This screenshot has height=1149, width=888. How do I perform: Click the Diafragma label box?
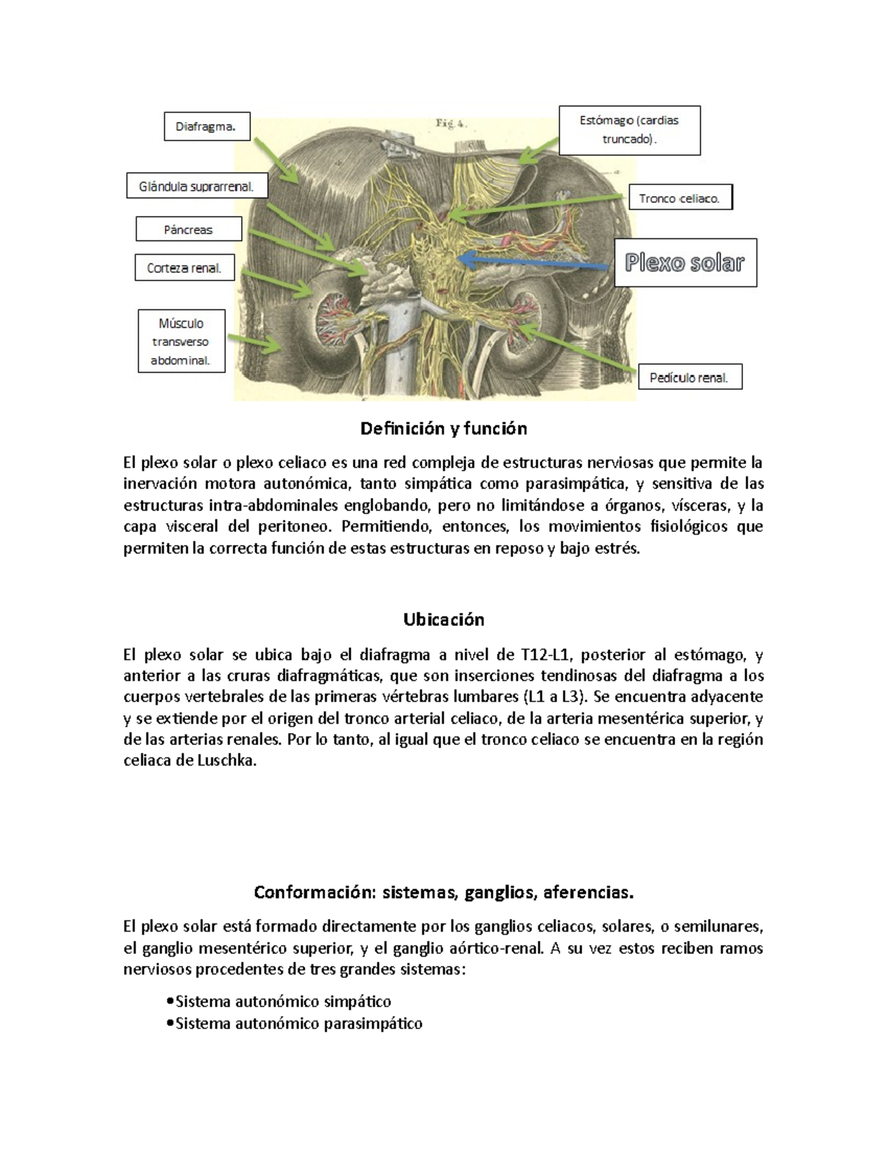[x=206, y=127]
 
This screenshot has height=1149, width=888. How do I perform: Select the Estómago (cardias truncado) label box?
[x=629, y=130]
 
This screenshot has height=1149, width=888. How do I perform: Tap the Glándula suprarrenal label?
[x=196, y=187]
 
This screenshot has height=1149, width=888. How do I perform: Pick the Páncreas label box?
[x=189, y=229]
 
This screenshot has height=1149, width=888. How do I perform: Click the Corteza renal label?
[x=184, y=268]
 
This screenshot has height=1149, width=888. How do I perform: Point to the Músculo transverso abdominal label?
[x=181, y=342]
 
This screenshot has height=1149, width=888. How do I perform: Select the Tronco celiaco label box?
[x=679, y=198]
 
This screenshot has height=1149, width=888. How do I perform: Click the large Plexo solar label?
[x=684, y=263]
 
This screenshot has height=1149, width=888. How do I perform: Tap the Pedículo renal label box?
[x=689, y=377]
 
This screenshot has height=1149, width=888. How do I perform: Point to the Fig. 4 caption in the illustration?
[x=450, y=124]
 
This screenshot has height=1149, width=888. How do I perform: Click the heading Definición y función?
[x=443, y=428]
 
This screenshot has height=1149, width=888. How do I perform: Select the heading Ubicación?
[x=443, y=619]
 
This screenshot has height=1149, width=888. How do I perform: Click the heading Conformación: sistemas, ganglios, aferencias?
[x=443, y=892]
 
